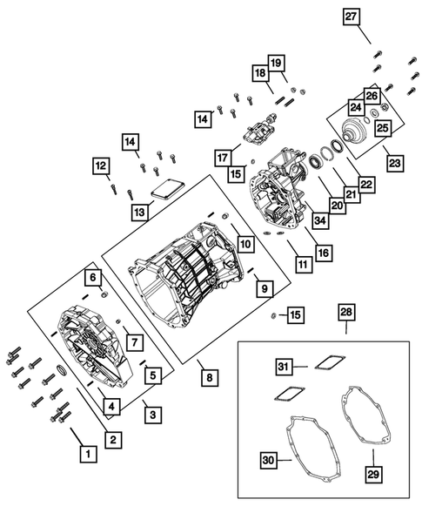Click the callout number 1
pyautogui.click(x=86, y=453)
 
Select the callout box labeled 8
pyautogui.click(x=208, y=377)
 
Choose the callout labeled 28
pyautogui.click(x=346, y=312)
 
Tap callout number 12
pyautogui.click(x=101, y=165)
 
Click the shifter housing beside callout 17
pyautogui.click(x=254, y=138)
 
